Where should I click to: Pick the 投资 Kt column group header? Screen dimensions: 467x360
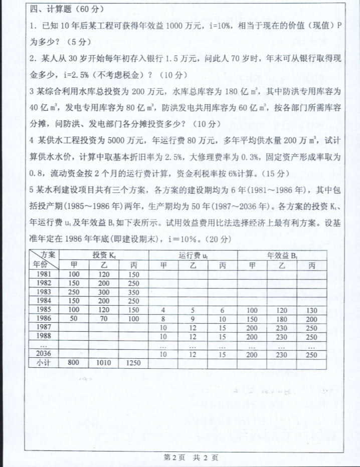tap(104, 255)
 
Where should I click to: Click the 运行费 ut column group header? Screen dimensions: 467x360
tap(193, 255)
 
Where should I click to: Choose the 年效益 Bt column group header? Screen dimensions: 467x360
tap(282, 255)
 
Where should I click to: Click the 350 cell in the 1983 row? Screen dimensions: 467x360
tap(134, 292)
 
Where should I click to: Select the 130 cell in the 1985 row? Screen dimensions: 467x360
tap(311, 310)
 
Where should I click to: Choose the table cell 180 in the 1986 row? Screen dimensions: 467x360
tap(282, 318)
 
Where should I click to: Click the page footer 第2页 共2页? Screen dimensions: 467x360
tap(191, 456)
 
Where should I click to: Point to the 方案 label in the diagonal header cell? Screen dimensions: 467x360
tap(49, 254)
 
